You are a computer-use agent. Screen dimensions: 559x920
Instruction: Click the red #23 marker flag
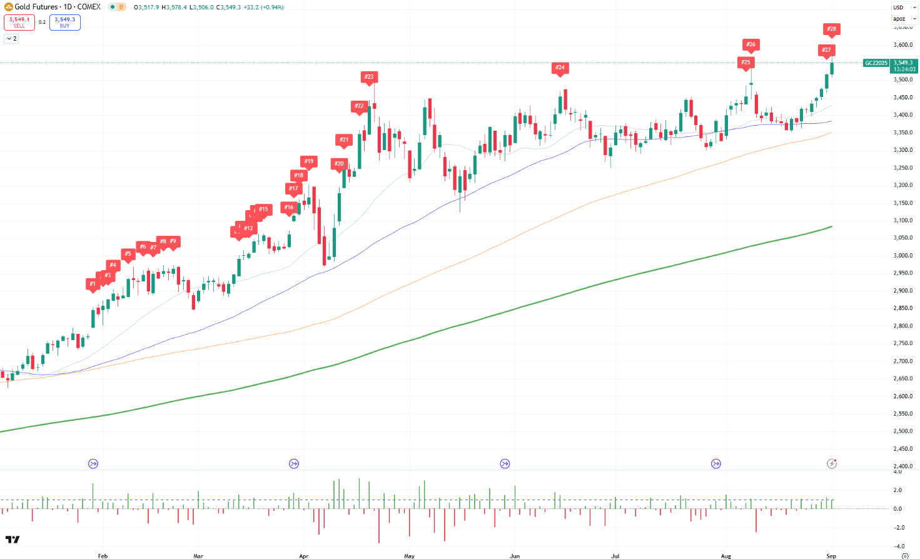369,77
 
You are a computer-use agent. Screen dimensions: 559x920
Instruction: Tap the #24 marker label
560,68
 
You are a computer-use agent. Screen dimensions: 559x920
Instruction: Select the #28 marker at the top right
831,29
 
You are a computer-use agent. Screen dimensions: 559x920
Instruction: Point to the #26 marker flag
751,44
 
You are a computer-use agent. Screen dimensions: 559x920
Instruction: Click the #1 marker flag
93,284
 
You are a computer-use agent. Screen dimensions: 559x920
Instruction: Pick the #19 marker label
309,161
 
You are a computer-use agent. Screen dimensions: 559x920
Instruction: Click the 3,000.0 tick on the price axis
903,256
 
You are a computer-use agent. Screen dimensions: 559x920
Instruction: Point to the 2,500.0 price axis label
903,431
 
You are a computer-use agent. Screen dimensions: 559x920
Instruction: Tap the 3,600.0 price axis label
903,45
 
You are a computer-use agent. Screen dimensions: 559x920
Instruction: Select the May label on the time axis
409,556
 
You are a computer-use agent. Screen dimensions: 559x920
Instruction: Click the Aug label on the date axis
725,556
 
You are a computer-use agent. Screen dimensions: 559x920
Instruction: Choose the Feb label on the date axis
103,556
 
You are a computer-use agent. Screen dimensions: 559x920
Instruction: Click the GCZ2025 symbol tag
876,63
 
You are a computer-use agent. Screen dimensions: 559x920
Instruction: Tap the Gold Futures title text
36,7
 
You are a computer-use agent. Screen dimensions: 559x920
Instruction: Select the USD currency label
898,8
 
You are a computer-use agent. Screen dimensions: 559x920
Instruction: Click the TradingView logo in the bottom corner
13,540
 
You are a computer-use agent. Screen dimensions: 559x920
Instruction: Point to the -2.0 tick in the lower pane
898,528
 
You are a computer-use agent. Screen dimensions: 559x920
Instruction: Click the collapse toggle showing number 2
11,39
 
